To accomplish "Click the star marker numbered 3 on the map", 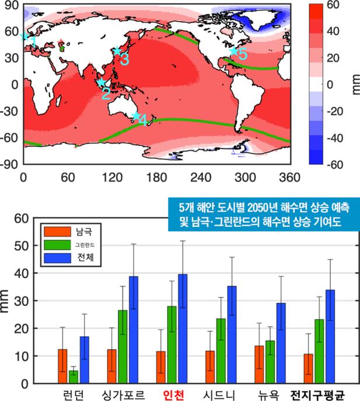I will [117, 51].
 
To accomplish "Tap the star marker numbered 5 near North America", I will [234, 51].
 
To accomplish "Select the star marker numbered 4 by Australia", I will [136, 116].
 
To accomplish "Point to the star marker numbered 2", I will [101, 83].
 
